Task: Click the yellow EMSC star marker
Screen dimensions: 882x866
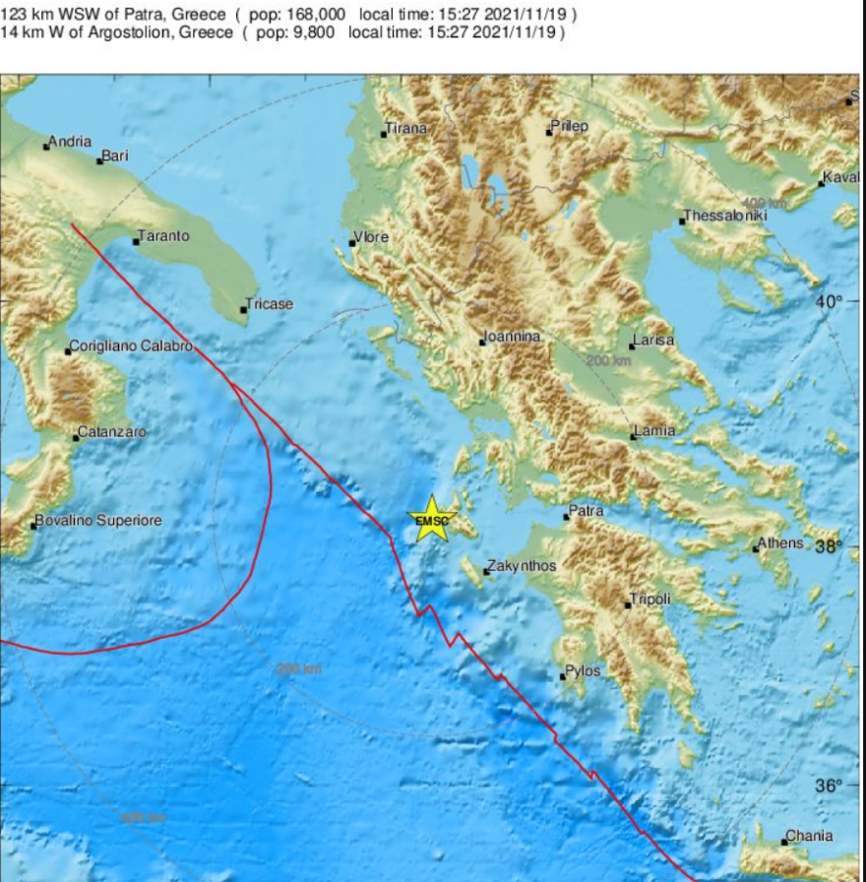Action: coord(431,520)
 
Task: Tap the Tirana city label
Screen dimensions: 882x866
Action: coord(406,129)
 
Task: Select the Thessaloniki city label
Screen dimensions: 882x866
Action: coord(725,216)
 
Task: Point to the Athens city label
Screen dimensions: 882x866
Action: coord(781,543)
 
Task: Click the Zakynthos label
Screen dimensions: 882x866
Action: coord(524,566)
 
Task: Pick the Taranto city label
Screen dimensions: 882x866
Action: coord(164,236)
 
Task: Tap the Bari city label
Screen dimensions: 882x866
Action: coord(115,156)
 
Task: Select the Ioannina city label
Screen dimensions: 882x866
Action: coord(513,337)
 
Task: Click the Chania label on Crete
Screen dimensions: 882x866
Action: coord(809,837)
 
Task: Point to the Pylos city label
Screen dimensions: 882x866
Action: coord(583,671)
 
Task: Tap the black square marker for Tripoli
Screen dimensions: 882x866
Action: coord(628,604)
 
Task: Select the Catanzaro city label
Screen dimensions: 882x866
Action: coord(112,432)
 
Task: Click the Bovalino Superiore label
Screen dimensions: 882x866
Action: coord(98,521)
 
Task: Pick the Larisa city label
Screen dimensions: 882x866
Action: coord(654,341)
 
